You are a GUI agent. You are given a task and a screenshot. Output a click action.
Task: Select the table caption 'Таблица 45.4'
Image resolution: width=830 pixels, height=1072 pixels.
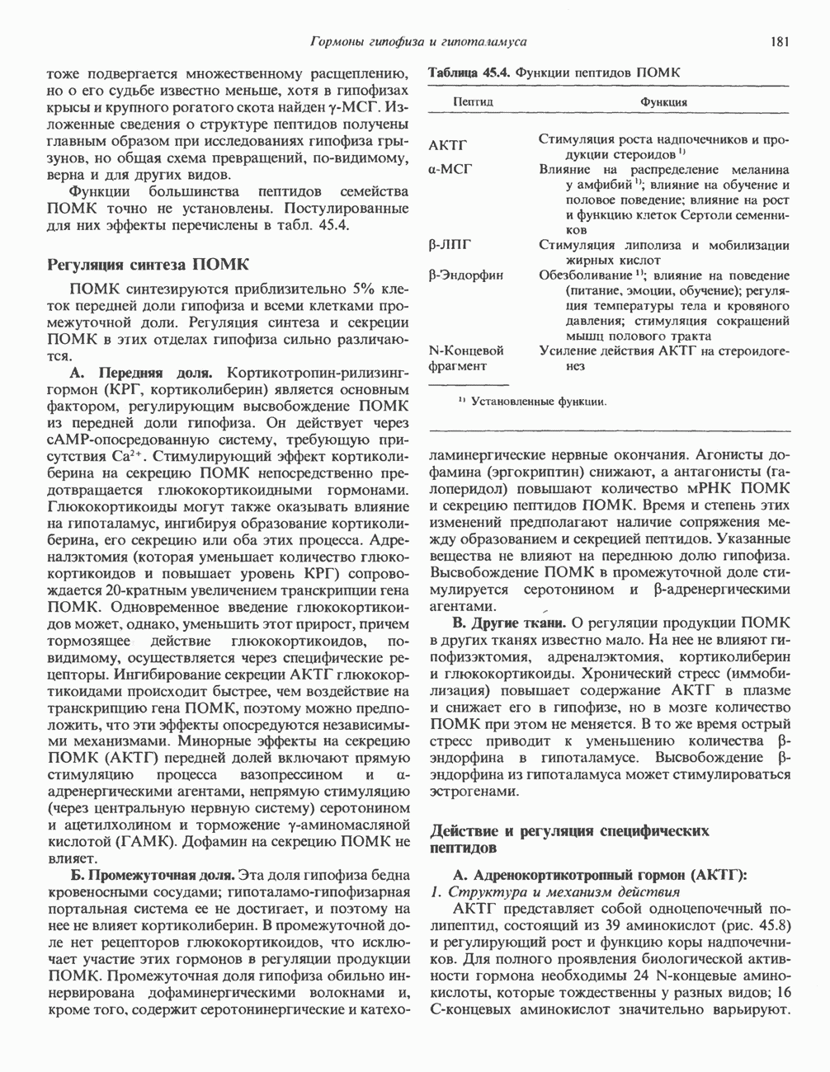pos(467,73)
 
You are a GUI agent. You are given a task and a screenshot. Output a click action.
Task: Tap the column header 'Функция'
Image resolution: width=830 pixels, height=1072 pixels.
pos(663,102)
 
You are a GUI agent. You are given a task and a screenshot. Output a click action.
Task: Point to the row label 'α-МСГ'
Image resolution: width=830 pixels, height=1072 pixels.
pos(450,169)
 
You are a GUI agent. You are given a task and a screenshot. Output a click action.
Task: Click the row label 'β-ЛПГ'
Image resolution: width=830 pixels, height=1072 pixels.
pos(450,245)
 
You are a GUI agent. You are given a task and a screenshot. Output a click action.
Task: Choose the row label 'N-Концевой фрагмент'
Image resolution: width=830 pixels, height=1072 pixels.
pos(467,358)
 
